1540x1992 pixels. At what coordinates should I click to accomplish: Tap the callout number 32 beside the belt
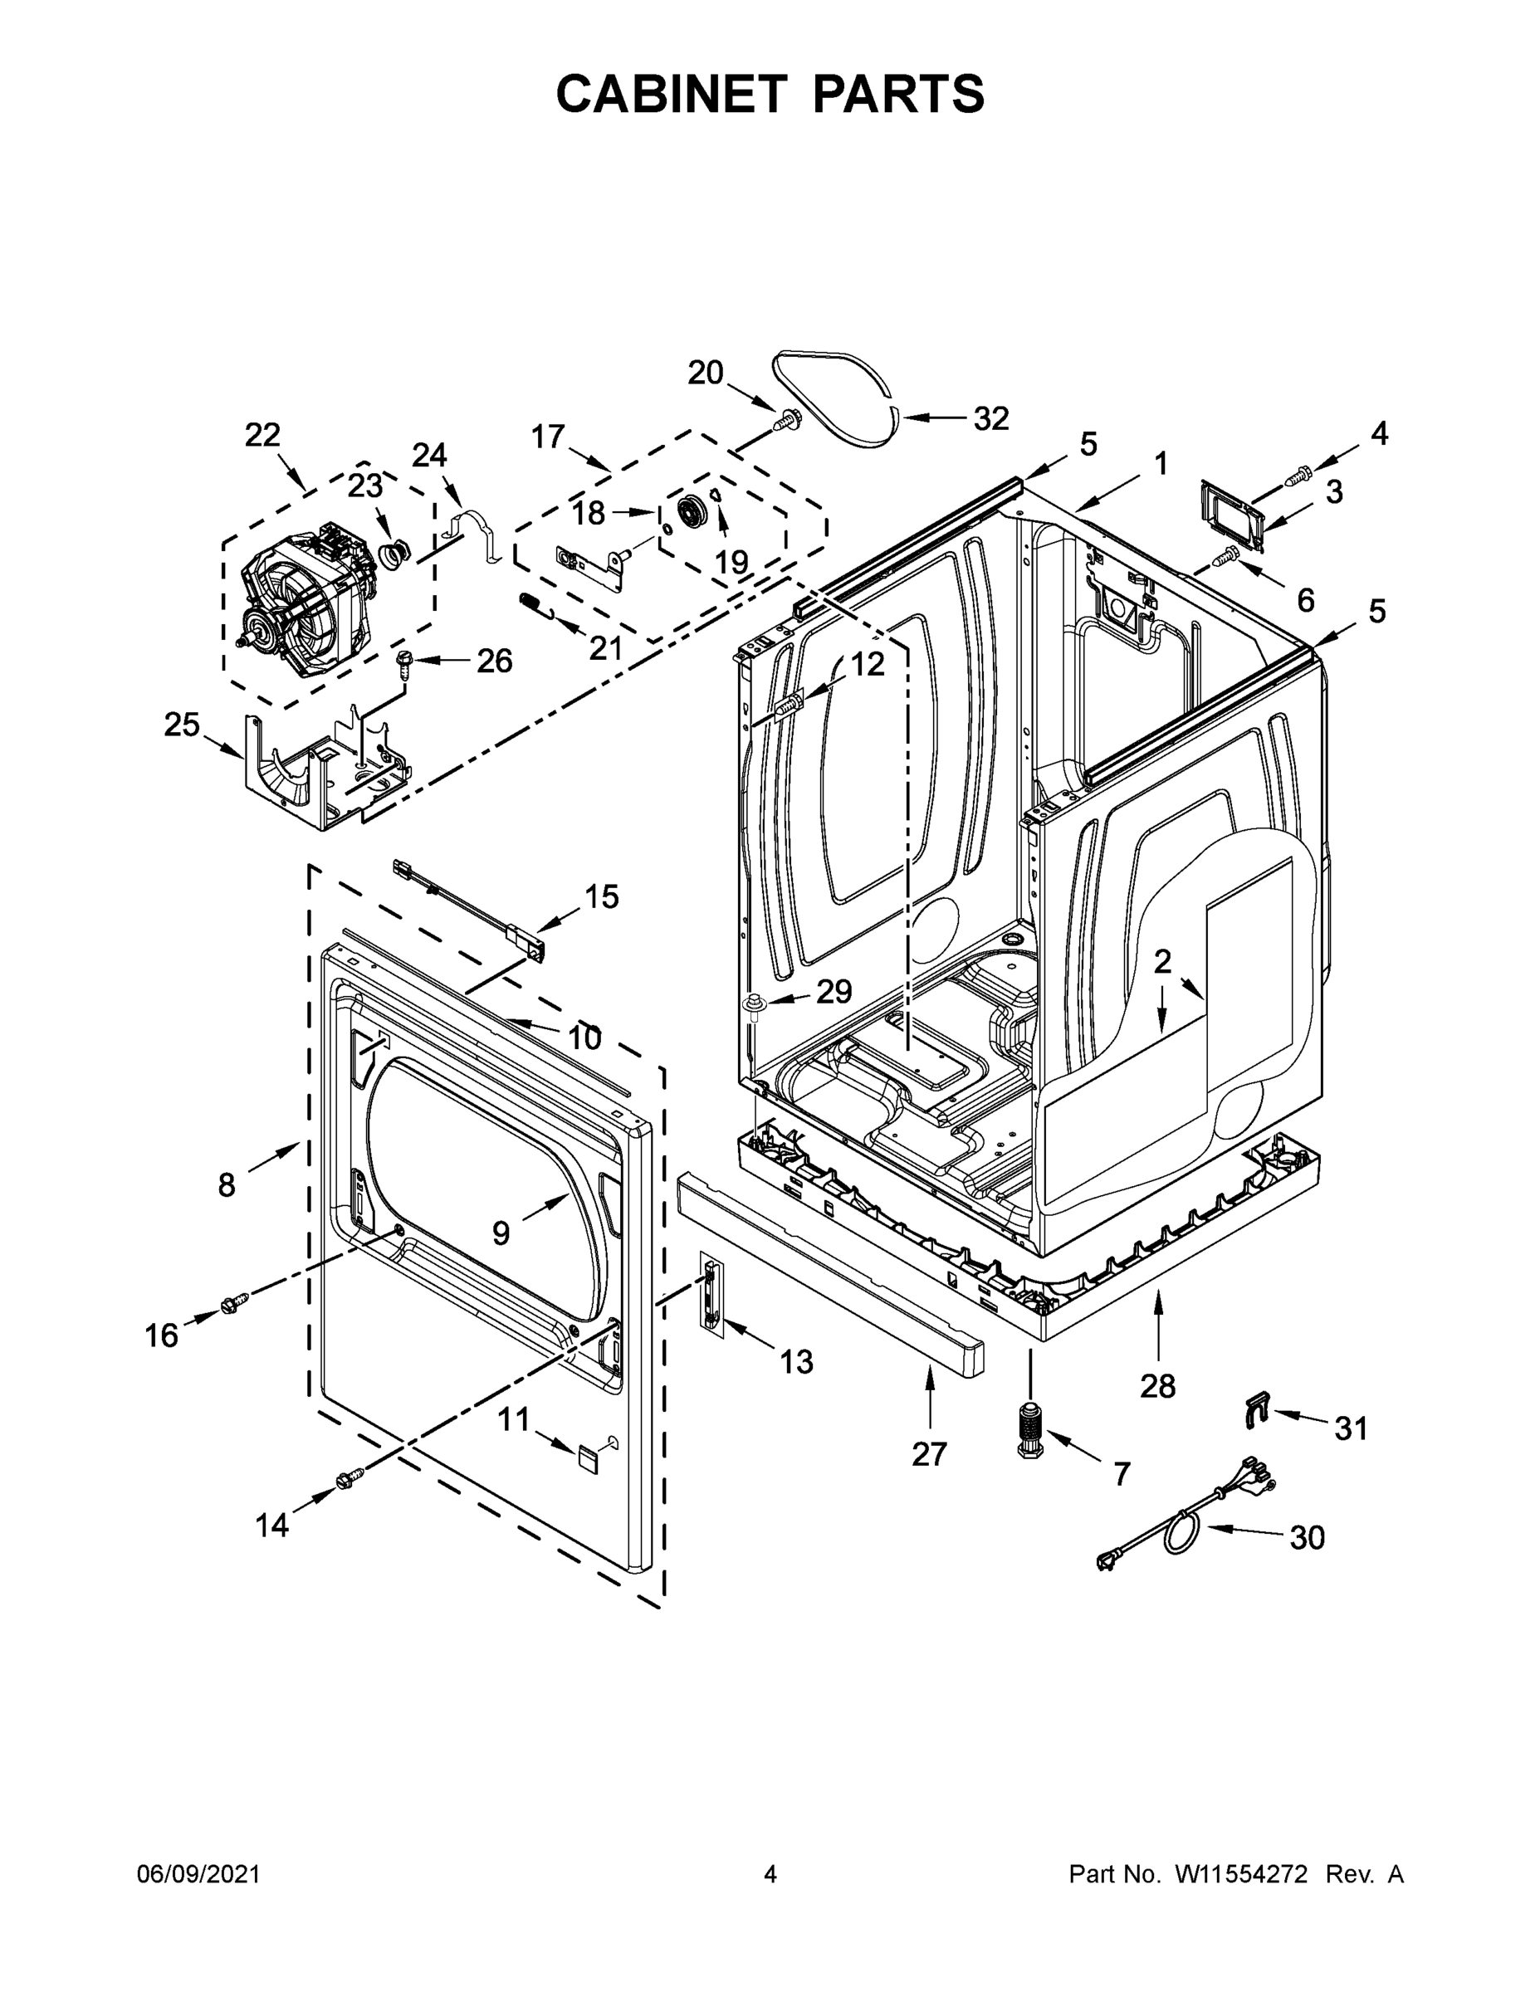[x=990, y=418]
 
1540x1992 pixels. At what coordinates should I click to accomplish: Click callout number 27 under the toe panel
[x=929, y=1454]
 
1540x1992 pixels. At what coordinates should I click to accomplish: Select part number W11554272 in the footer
[x=1241, y=1874]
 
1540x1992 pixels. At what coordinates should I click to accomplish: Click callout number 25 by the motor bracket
[x=182, y=725]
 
